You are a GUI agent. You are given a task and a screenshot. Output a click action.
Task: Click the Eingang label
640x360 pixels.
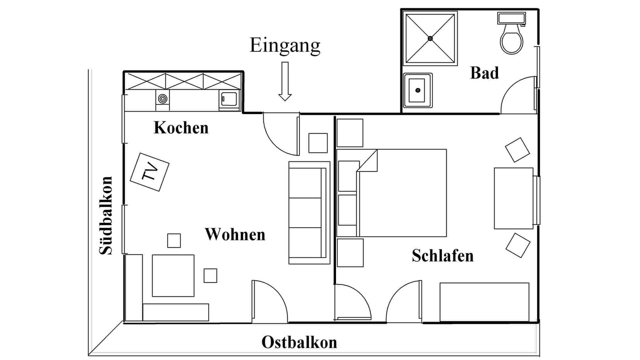coord(284,45)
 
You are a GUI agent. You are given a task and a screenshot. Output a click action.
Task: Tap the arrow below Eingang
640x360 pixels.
coord(285,81)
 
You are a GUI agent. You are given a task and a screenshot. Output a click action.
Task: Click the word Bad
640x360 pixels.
coord(484,73)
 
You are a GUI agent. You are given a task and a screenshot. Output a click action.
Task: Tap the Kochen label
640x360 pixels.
coord(180,127)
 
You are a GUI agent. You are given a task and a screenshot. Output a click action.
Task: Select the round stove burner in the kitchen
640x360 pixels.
coord(162,98)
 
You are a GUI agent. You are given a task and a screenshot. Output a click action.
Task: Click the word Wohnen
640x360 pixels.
coord(235,234)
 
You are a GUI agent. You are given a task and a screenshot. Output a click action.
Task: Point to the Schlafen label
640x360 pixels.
coord(442,256)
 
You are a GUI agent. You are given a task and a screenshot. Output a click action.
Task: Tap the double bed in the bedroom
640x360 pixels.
coord(400,192)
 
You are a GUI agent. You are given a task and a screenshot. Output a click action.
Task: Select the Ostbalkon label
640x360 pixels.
coord(299,343)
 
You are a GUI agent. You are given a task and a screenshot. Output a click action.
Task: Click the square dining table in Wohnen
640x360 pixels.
coord(173,275)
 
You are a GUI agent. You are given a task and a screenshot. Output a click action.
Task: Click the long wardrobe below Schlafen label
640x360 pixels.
coord(484,302)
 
